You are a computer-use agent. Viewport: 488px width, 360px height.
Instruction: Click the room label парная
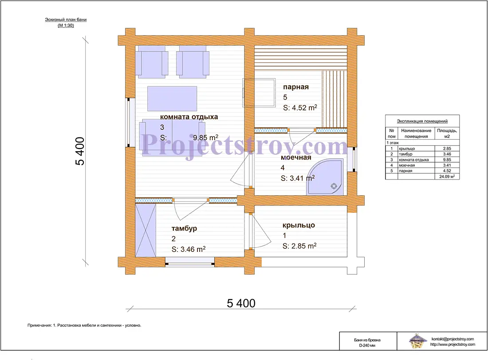point(295,87)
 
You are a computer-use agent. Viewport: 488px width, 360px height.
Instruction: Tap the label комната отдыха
point(189,117)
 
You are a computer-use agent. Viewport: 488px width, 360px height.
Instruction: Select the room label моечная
point(296,157)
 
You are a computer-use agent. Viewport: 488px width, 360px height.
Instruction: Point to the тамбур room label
point(184,229)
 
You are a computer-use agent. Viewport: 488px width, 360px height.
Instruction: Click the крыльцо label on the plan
point(299,225)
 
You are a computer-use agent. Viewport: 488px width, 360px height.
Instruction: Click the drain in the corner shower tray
point(334,186)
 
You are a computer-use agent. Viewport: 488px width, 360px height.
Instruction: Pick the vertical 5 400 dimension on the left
point(80,151)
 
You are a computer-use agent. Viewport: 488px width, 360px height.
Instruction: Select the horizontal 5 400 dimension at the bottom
point(241,303)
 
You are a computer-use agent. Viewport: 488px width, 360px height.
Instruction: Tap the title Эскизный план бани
point(66,20)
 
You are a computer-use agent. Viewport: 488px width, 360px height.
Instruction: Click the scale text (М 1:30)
point(66,26)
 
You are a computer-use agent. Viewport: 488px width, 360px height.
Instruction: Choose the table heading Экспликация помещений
point(422,121)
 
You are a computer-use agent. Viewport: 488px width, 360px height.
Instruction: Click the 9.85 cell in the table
point(447,160)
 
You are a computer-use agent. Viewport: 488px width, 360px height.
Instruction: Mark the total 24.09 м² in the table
point(447,176)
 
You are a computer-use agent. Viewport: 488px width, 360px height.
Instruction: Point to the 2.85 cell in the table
point(447,149)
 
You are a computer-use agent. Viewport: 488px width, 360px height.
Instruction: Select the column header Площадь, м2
point(447,133)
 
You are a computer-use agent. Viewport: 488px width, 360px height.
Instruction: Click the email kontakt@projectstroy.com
point(453,339)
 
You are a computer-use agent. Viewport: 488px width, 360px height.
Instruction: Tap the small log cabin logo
point(417,341)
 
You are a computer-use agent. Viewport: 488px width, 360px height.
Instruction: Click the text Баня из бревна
point(367,340)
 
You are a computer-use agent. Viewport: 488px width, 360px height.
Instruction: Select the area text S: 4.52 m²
point(300,108)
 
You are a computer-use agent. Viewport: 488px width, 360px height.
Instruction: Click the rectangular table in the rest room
point(172,98)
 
